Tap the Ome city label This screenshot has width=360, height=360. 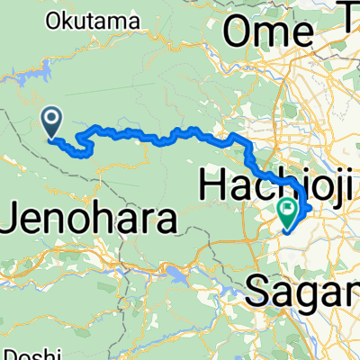(x=268, y=33)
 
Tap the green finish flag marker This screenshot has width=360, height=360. (x=288, y=213)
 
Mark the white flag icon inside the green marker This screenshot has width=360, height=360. (x=288, y=212)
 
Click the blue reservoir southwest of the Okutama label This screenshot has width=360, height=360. (x=43, y=66)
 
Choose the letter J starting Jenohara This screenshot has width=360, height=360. (x=10, y=217)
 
